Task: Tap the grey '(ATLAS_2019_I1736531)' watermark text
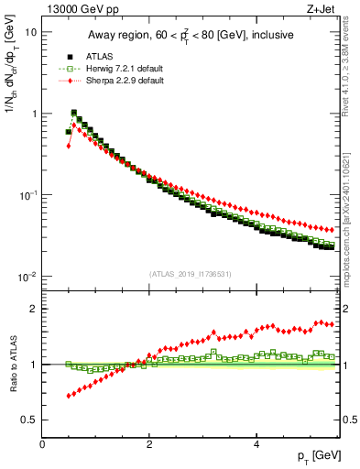191,274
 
